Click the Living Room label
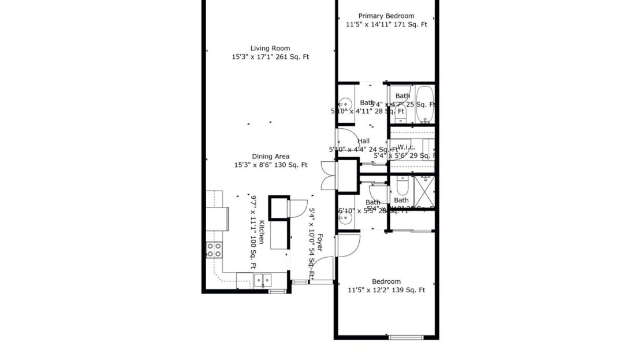(x=270, y=49)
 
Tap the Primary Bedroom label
(x=386, y=16)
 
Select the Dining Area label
(x=270, y=156)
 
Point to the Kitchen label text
(x=262, y=232)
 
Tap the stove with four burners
(x=214, y=250)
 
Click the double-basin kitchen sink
(x=263, y=280)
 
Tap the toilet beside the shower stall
(x=402, y=186)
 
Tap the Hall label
(x=364, y=141)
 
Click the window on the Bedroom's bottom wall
(x=407, y=337)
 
